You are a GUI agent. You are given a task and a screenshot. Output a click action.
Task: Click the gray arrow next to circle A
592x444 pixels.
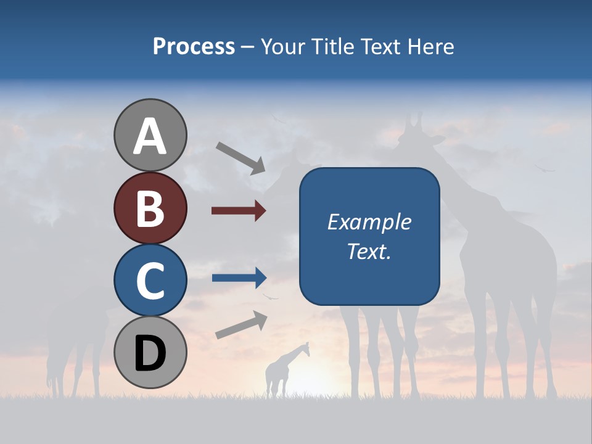tap(240, 158)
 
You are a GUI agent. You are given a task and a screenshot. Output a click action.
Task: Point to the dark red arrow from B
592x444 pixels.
tap(239, 211)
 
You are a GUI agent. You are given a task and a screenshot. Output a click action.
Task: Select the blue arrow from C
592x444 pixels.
tap(239, 278)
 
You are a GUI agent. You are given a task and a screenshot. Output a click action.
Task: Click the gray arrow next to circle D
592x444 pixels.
tap(241, 325)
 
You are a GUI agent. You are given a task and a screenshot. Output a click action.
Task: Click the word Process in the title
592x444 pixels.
tap(194, 46)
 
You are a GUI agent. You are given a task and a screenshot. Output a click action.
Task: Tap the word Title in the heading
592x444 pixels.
tap(332, 46)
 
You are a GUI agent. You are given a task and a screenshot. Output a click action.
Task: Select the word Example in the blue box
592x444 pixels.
tap(369, 222)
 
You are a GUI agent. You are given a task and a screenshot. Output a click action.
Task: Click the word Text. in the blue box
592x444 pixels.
tap(369, 251)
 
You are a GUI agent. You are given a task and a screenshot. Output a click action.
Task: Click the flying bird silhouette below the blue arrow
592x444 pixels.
tap(270, 297)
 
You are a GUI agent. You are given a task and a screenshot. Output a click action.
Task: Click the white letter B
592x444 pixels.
tap(150, 208)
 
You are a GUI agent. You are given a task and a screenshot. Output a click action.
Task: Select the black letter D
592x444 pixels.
tap(150, 353)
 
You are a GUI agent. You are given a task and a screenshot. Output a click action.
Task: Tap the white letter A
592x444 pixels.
tap(150, 136)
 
